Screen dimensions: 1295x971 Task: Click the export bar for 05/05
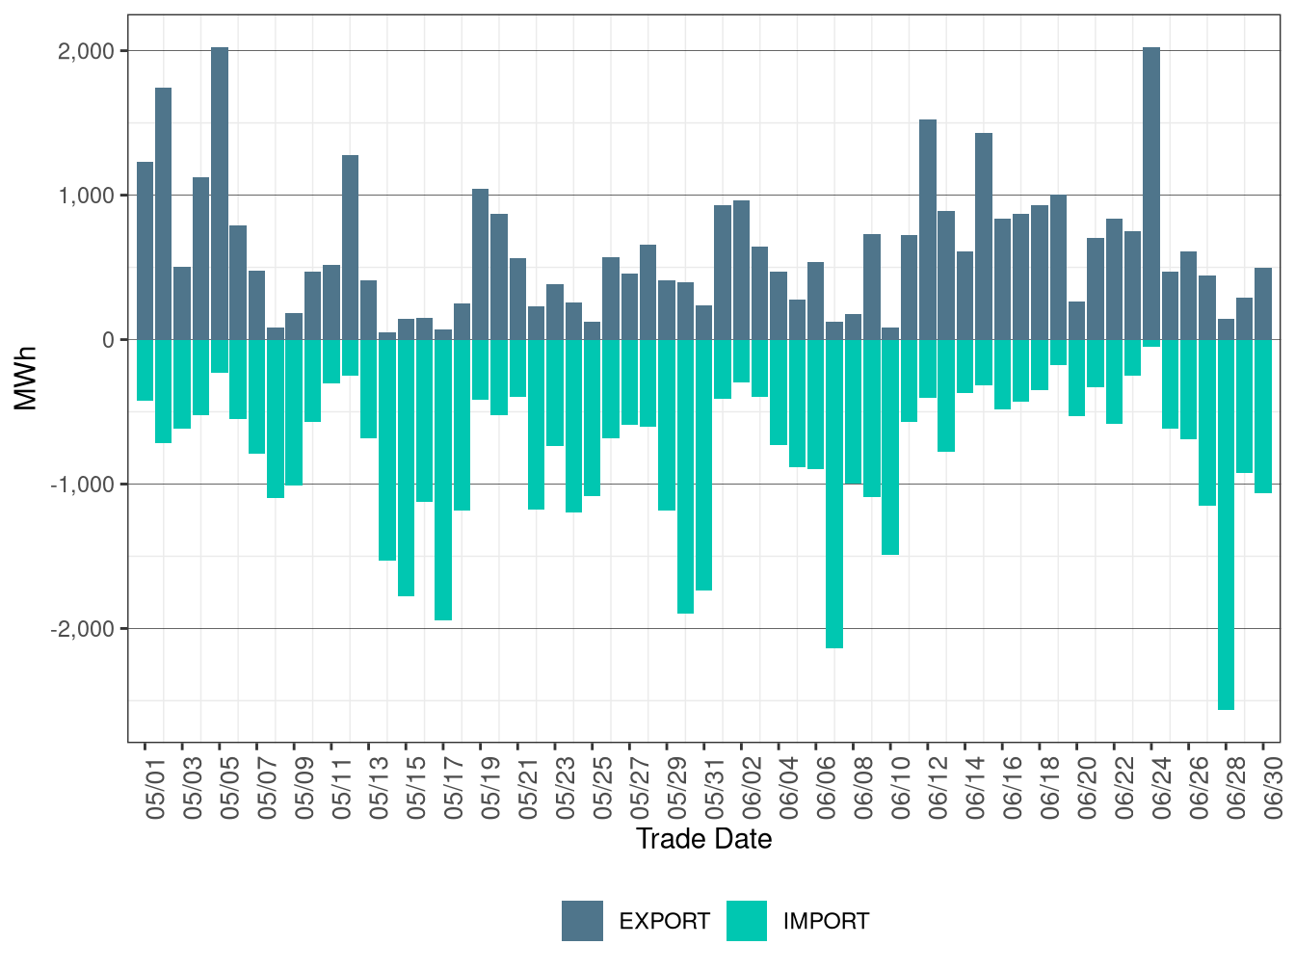[220, 194]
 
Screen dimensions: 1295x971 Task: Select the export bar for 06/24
[1151, 194]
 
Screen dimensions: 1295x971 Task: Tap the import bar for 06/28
[1226, 525]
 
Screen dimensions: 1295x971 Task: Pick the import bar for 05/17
[443, 480]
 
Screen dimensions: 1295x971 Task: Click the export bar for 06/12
[928, 229]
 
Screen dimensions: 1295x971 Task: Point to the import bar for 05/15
[406, 467]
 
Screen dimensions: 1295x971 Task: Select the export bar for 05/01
[145, 250]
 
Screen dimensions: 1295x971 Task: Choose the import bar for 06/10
[890, 447]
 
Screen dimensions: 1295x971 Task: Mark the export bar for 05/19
[480, 264]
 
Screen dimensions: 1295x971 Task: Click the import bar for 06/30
[1263, 416]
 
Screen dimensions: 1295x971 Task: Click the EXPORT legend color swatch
[582, 921]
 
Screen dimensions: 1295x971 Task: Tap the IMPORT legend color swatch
[747, 921]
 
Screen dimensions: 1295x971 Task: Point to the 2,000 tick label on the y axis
[86, 51]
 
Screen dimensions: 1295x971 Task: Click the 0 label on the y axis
[108, 340]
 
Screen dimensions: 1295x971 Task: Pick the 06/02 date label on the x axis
[752, 788]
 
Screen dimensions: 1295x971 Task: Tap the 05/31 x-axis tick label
[714, 788]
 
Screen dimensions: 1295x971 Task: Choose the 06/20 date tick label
[1087, 788]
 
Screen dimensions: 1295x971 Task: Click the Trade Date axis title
[703, 839]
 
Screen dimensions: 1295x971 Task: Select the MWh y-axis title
[25, 378]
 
